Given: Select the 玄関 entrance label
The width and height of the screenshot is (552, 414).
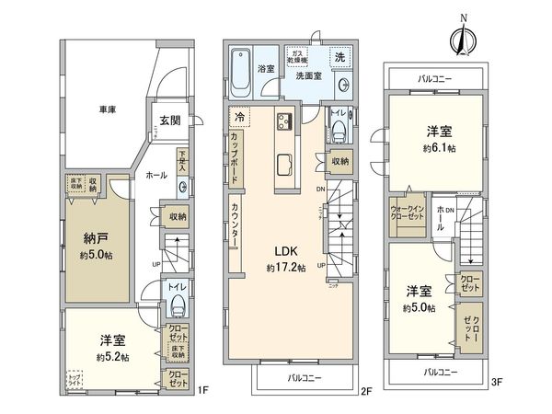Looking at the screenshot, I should pos(168,121).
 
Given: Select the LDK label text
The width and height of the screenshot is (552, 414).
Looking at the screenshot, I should pos(282,250).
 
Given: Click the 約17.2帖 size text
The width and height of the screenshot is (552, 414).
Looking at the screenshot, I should pos(283,268).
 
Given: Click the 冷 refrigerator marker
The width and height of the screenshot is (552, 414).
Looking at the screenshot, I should pos(240,119).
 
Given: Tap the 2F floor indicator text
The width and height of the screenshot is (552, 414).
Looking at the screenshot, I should pos(365,390).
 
